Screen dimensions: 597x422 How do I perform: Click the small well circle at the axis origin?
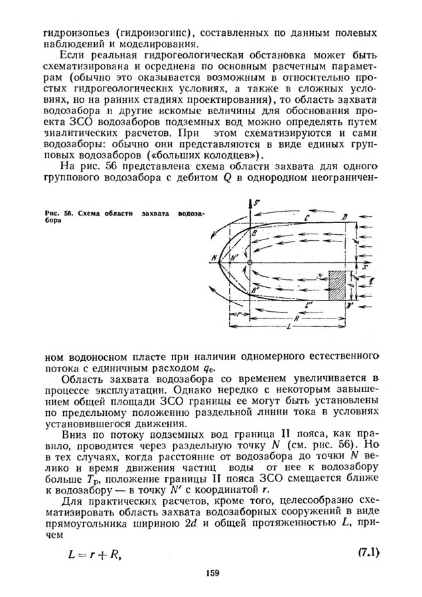click(249, 263)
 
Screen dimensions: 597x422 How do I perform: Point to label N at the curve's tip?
click(213, 257)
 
